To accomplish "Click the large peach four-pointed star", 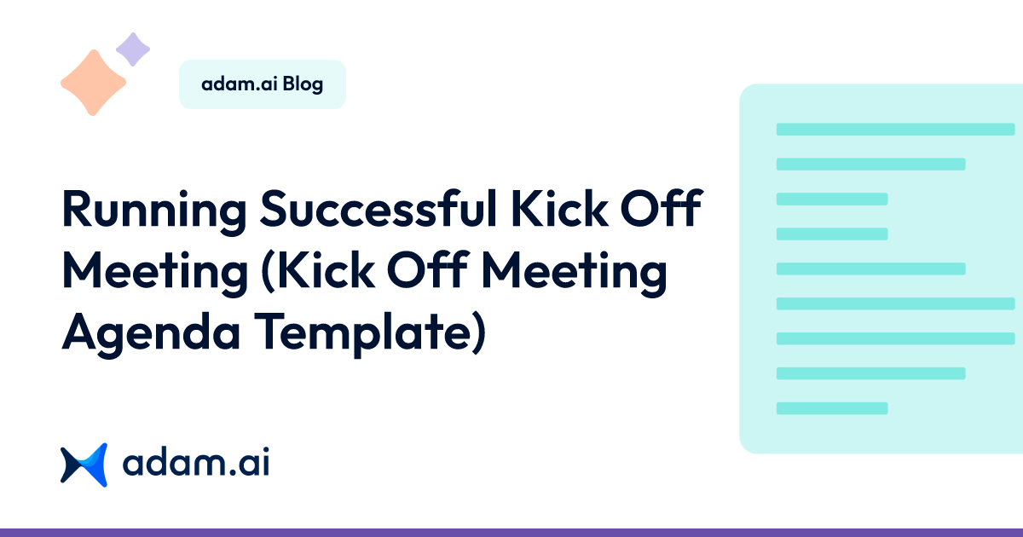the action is [x=93, y=83].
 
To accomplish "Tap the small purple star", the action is [x=133, y=49].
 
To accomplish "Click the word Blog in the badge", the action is [x=303, y=84].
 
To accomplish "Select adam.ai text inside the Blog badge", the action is [x=240, y=84].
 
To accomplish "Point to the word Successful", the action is [x=379, y=208].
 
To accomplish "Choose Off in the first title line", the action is [x=661, y=208].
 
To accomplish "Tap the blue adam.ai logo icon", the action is [x=84, y=465].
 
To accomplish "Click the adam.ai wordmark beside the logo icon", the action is [x=196, y=462].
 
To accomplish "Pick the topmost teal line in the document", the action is [x=896, y=130].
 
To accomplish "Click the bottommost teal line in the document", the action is [x=832, y=408].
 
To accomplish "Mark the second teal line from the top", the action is [x=871, y=164].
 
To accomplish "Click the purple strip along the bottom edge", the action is [x=511, y=533].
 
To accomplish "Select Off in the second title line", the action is [x=427, y=270].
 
